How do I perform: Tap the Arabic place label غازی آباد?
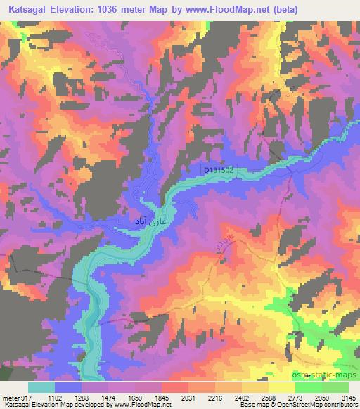coord(149,223)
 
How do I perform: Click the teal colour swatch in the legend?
coord(41,387)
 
